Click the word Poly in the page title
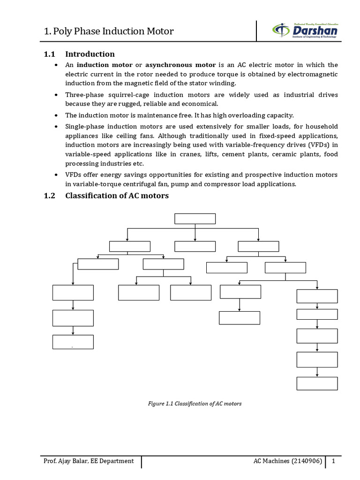[x=64, y=31]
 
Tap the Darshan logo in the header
[x=305, y=31]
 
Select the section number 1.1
[x=49, y=54]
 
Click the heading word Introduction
[x=90, y=54]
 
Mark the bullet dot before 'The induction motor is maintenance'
[x=56, y=115]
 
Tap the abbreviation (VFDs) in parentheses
[x=318, y=145]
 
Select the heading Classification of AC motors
[x=117, y=195]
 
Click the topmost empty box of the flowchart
[x=195, y=219]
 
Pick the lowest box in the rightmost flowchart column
[x=317, y=383]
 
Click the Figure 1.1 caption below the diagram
[x=195, y=403]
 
